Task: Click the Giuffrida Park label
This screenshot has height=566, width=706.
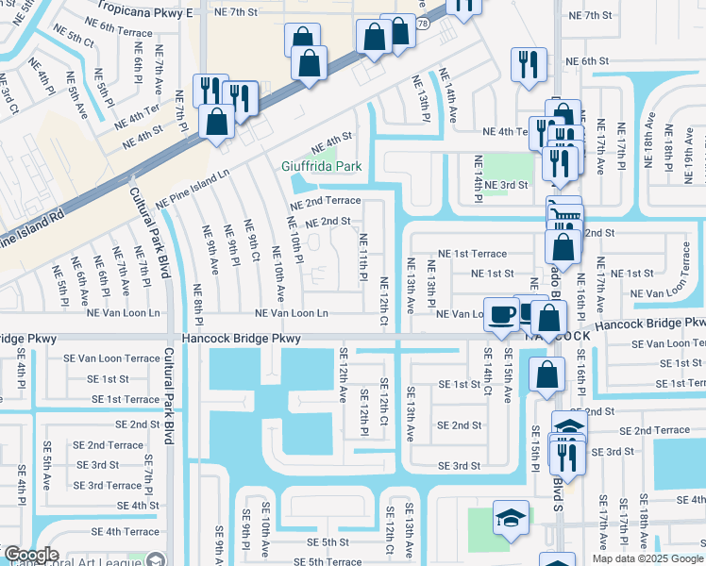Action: pos(321,167)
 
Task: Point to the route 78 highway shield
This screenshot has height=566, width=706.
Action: pos(422,21)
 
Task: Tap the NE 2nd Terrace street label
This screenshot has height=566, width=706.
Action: pos(325,201)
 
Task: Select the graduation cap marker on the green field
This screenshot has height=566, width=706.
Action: pos(511,518)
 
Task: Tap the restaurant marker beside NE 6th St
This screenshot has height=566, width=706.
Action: pos(525,64)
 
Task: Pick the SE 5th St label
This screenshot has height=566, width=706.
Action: pos(322,542)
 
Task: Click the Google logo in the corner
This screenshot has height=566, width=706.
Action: pos(30,556)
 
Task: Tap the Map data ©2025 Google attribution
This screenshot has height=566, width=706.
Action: pos(647,558)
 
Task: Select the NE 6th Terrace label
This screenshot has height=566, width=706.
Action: pos(119,31)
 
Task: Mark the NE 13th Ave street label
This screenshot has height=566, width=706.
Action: pos(411,285)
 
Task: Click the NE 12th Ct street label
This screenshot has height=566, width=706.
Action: pos(384,302)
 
